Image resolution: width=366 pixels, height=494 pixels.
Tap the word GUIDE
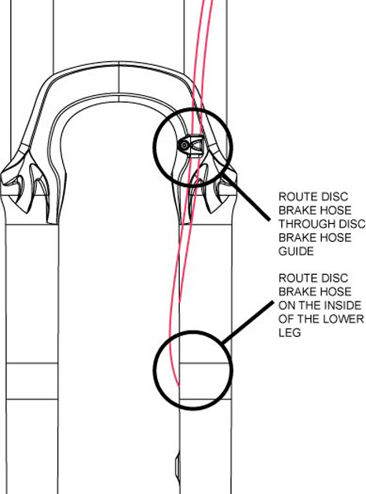pos(296,251)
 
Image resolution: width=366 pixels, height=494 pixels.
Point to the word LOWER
pos(346,319)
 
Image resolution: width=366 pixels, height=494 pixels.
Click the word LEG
pos(290,332)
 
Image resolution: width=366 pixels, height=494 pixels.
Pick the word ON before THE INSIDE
pos(287,306)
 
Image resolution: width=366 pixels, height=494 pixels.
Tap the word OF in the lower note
pos(287,319)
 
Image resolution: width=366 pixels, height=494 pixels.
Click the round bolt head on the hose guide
pos(183,145)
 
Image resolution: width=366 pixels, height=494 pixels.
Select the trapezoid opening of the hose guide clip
pos(197,145)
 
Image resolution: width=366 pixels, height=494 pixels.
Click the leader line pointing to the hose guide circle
pos(247,196)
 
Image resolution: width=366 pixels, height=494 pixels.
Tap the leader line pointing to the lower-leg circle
pos(248,322)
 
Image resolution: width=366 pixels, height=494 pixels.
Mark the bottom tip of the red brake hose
pos(179,386)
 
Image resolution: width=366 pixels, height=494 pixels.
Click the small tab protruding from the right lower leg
pos(178,467)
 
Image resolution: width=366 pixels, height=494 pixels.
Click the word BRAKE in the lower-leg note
pos(297,291)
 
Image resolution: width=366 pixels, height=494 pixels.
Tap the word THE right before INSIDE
pos(310,306)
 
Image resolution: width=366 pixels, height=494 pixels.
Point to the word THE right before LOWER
pos(310,319)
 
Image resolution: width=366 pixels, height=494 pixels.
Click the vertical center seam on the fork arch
pos(119,82)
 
